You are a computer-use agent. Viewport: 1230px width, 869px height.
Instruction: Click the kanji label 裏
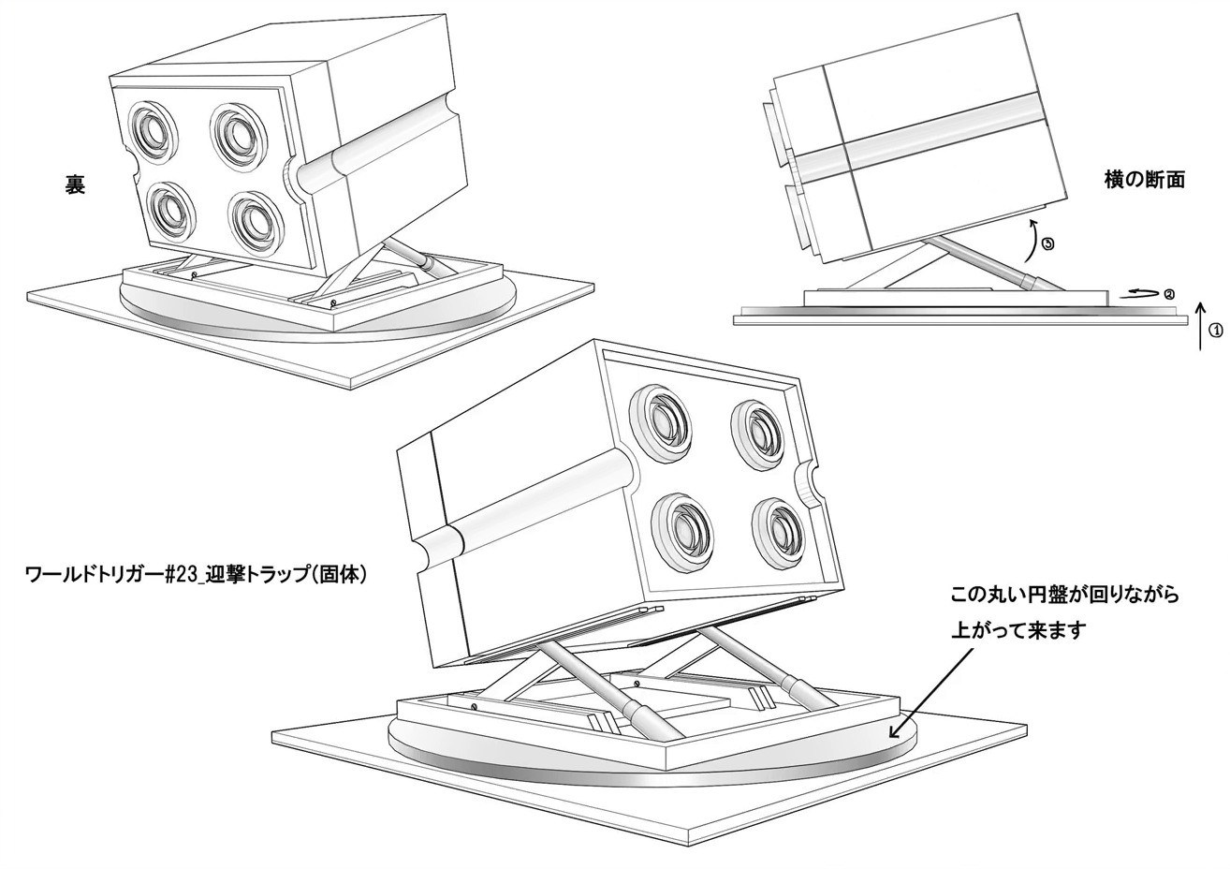click(75, 184)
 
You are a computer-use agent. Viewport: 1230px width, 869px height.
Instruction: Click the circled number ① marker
click(1215, 330)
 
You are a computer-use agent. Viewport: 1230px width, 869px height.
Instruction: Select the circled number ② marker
click(1168, 294)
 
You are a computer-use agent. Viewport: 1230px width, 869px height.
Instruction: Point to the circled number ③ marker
click(1047, 244)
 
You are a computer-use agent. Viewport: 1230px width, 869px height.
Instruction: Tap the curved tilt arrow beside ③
click(1031, 240)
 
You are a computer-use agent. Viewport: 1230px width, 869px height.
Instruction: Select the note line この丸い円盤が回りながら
click(1064, 595)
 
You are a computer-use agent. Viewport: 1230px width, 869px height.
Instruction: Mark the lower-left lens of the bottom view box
click(684, 528)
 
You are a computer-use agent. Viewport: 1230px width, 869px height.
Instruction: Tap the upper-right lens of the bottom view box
click(757, 433)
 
